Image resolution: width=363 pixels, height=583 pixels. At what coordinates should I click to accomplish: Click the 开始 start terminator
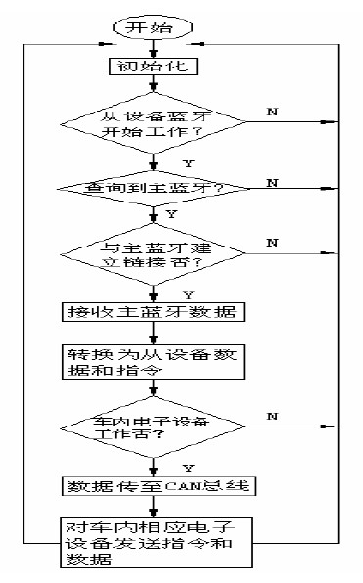coord(151,26)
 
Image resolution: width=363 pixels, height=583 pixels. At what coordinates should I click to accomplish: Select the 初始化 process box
coord(152,67)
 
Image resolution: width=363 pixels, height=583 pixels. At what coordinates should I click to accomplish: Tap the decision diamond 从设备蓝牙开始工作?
coord(152,121)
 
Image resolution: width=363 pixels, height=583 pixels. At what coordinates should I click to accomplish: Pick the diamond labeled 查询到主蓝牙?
coord(152,186)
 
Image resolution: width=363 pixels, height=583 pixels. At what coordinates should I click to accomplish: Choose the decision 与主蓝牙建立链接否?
coord(152,257)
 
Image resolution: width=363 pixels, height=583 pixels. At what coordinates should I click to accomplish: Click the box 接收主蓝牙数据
coord(152,313)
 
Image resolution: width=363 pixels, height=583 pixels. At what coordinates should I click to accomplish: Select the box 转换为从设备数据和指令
coord(152,362)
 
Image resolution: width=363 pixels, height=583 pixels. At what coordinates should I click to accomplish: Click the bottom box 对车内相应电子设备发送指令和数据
coord(152,538)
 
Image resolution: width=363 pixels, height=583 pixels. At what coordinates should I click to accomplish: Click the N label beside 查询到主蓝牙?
coord(272,182)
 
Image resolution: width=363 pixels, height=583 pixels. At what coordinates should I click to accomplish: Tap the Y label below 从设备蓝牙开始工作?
coord(174,163)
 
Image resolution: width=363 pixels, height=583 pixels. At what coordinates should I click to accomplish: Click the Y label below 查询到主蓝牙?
coord(174,212)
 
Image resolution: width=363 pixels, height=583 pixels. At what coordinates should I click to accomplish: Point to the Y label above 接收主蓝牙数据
coord(174,293)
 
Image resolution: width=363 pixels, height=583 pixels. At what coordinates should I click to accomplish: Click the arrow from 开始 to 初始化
coord(152,48)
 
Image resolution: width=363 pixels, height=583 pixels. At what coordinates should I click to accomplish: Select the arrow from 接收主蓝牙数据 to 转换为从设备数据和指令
coord(152,333)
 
